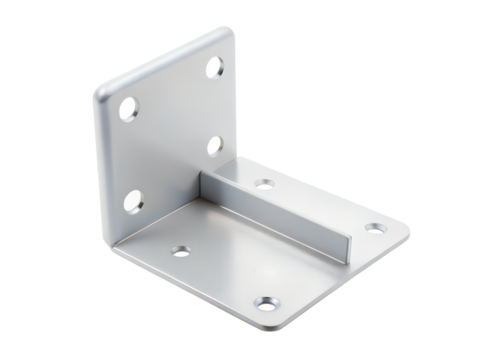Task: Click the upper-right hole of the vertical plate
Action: [217, 70]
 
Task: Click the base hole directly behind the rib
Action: [264, 184]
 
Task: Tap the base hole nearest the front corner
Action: [266, 302]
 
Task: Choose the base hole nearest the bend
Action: [180, 250]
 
